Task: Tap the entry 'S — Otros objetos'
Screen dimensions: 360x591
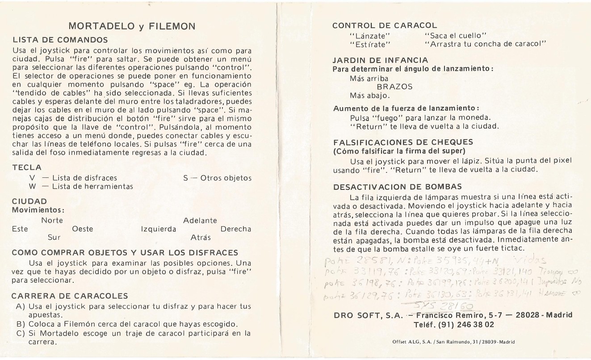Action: tap(218, 178)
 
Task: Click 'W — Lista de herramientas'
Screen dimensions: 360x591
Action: tap(81, 186)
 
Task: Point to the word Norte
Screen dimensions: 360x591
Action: tap(52, 221)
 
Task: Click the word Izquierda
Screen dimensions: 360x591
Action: tap(159, 229)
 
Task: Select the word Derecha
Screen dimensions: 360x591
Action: tap(236, 229)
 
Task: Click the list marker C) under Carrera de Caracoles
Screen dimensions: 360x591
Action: tap(20, 333)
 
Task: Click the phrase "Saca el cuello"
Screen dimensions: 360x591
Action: tap(455, 35)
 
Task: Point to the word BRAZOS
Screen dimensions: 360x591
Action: tap(395, 87)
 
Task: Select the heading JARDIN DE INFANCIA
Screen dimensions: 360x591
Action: tap(381, 60)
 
